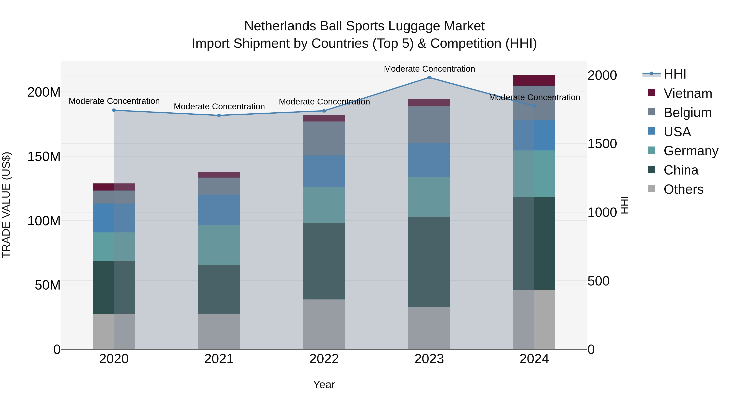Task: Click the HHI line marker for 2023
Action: [x=429, y=78]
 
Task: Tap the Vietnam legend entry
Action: [x=688, y=93]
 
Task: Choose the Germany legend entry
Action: [x=691, y=151]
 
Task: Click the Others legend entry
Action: [x=683, y=189]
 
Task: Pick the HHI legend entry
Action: [x=675, y=74]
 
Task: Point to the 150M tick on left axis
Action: [x=44, y=157]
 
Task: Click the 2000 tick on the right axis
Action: [x=602, y=75]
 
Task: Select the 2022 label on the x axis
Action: [x=324, y=359]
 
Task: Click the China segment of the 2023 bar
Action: [x=429, y=262]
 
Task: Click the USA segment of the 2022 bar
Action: [x=324, y=171]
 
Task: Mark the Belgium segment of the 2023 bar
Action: [x=429, y=125]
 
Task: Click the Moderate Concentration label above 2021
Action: [x=219, y=107]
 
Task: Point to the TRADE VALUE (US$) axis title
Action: [x=6, y=205]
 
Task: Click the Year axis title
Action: [x=324, y=384]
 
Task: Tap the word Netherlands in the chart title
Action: [x=280, y=26]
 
